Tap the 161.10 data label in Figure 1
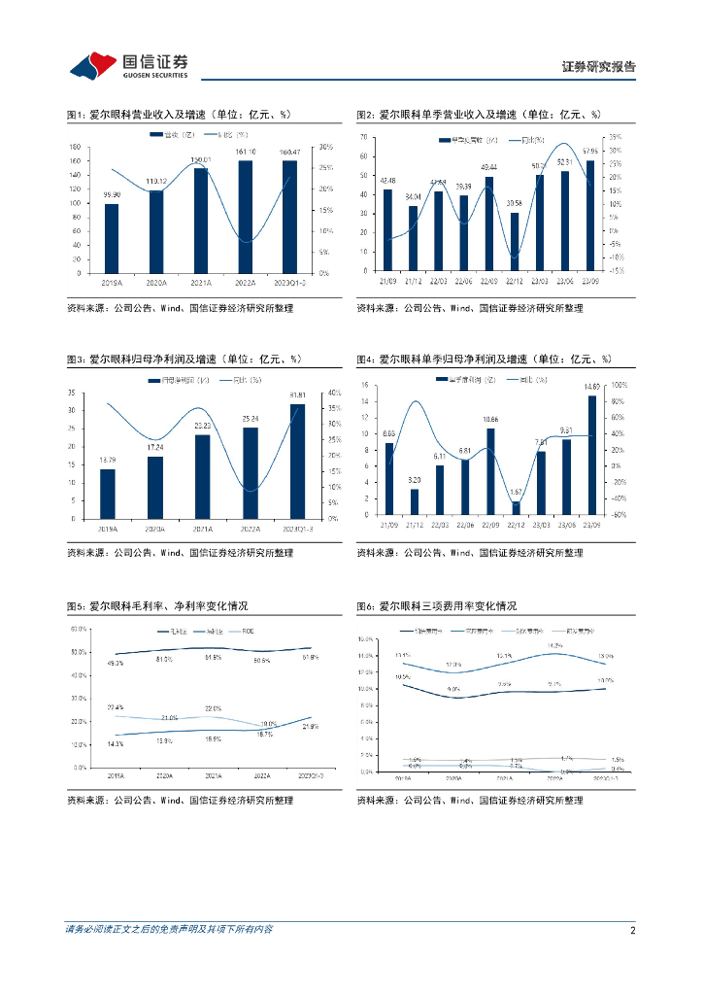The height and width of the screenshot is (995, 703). (246, 153)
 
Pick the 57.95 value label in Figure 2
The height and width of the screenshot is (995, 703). (590, 152)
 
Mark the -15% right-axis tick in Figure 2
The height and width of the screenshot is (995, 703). (616, 271)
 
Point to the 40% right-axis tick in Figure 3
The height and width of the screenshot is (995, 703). (333, 393)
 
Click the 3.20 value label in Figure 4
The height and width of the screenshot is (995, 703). (414, 480)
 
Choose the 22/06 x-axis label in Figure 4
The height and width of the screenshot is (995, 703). (464, 526)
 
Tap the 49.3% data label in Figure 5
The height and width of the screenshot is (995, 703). (115, 663)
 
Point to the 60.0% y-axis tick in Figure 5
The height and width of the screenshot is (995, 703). (78, 629)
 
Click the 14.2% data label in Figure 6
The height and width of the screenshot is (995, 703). (554, 645)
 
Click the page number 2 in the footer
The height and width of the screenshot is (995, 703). (632, 930)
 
